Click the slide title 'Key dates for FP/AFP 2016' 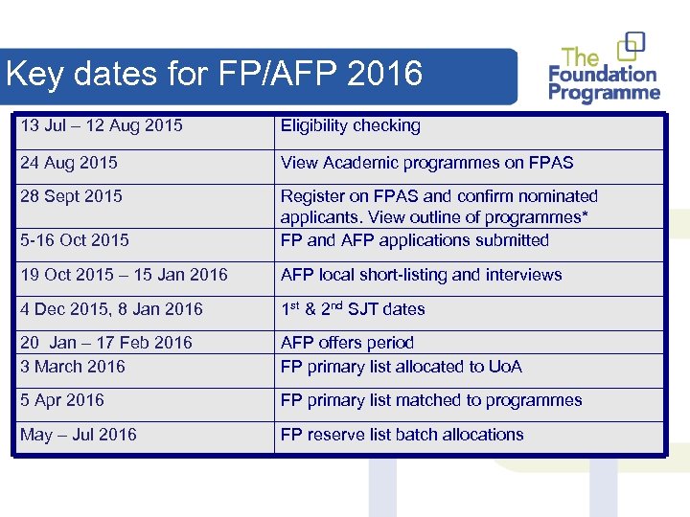coord(214,74)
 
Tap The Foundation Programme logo coord(604,69)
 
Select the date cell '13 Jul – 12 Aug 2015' coord(102,125)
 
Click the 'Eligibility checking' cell coord(350,125)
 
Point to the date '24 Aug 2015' coord(69,163)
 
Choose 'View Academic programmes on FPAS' coord(426,163)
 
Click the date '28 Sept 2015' coord(71,196)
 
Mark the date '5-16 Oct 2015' coord(75,240)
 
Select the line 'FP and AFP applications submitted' coord(414,240)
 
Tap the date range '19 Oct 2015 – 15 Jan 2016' coord(124,275)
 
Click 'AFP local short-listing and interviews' coord(421,275)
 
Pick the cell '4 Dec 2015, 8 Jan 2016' coord(111,309)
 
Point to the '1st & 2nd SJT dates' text coord(352,308)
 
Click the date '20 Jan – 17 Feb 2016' coord(106,343)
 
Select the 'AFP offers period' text coord(347,343)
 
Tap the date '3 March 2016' coord(73,367)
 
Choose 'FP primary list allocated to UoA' coord(401,367)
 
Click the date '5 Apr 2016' coord(62,400)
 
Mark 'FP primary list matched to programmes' coord(431,400)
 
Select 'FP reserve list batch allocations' coord(402,435)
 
